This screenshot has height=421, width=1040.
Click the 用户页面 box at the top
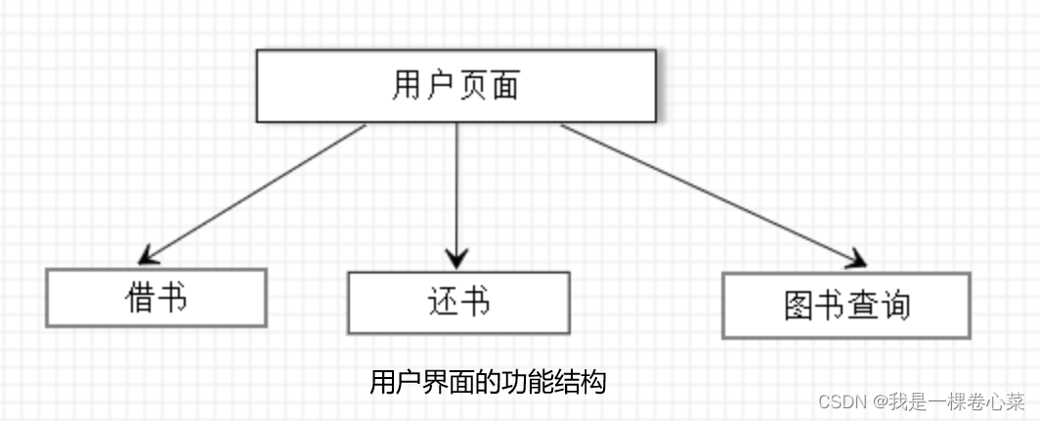click(x=455, y=86)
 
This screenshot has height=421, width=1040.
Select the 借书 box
click(x=156, y=297)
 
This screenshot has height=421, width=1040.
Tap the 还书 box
click(x=458, y=303)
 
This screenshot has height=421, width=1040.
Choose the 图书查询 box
click(x=846, y=306)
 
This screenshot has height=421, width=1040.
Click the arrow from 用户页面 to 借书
click(x=254, y=193)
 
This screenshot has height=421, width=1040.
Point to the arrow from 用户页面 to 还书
click(x=456, y=190)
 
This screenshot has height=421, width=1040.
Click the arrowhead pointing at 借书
click(x=148, y=257)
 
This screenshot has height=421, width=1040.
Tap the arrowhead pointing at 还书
click(x=456, y=259)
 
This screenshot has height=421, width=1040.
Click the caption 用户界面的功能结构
click(x=488, y=381)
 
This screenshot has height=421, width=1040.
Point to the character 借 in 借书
click(x=141, y=297)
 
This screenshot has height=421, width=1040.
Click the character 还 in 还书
click(x=442, y=303)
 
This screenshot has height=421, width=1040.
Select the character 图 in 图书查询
click(x=800, y=306)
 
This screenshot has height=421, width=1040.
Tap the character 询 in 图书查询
click(x=894, y=306)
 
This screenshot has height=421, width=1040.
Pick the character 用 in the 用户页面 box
click(x=408, y=86)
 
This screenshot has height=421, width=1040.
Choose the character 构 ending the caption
click(x=594, y=381)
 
